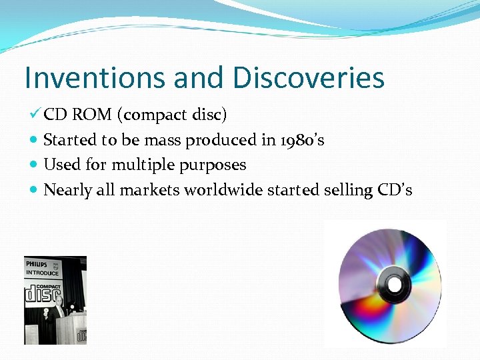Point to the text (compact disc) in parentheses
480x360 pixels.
click(172, 115)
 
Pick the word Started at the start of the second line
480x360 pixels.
click(69, 140)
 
